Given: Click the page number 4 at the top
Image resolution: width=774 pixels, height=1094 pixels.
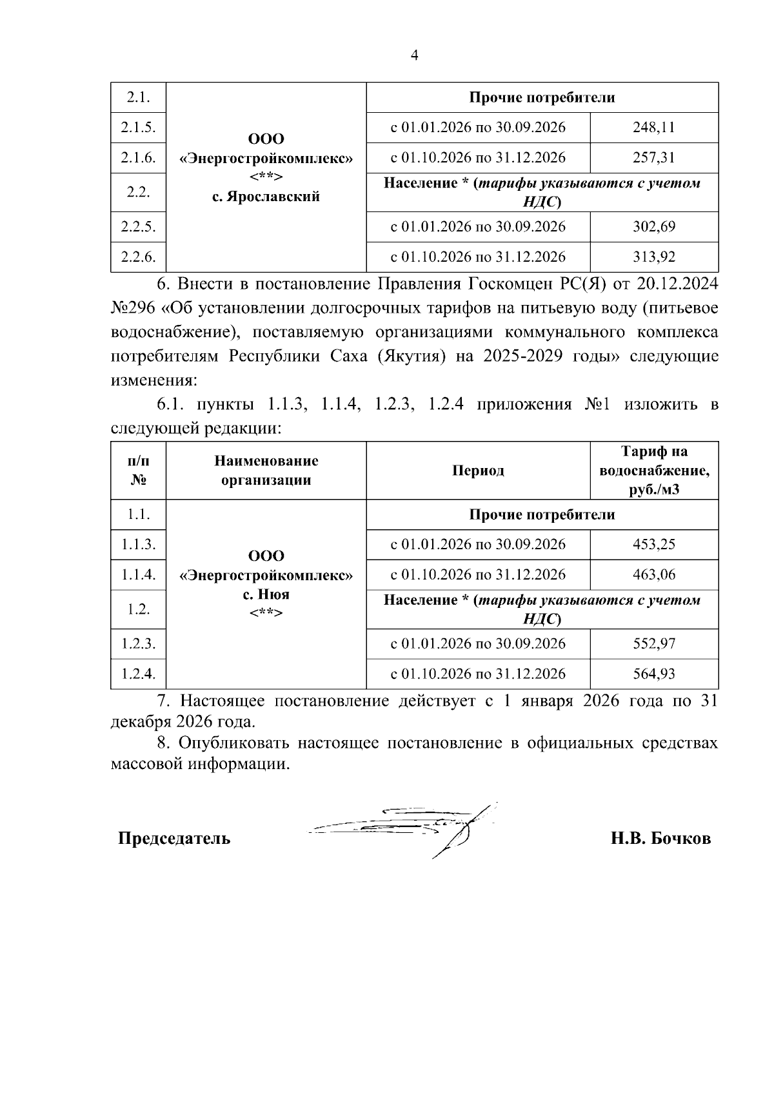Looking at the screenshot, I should [x=415, y=55].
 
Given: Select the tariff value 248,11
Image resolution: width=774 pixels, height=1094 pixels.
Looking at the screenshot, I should [x=654, y=128].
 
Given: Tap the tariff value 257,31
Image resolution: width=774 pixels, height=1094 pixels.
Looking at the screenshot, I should [x=654, y=158].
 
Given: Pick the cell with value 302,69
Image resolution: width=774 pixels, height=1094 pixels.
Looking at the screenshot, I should [x=654, y=227].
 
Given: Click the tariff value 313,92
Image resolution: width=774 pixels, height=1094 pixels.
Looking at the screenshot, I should [x=654, y=257].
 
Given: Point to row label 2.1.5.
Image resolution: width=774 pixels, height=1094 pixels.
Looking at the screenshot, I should [x=138, y=128].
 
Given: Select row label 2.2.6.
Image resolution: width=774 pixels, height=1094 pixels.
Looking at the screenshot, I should [x=138, y=257].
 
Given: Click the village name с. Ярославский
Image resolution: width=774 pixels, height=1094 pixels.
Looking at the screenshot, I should [x=266, y=197].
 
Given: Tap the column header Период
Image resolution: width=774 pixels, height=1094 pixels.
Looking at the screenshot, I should [x=478, y=471].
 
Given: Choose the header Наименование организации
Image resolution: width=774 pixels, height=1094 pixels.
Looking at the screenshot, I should [x=266, y=471].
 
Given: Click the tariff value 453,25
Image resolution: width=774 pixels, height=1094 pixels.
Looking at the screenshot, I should [x=654, y=545].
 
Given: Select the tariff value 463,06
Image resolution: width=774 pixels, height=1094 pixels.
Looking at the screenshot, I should [x=654, y=575].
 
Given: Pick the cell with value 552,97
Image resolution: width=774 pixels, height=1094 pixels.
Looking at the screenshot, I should [x=654, y=644].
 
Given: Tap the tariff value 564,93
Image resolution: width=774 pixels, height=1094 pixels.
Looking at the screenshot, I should [x=654, y=674].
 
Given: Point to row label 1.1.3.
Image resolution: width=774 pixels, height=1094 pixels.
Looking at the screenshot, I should [x=138, y=545].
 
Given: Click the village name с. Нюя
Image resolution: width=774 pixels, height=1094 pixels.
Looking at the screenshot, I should [x=266, y=594].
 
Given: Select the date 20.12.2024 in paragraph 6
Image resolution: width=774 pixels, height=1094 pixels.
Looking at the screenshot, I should [x=677, y=284].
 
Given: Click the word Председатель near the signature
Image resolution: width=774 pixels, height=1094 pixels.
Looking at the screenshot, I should [x=174, y=839].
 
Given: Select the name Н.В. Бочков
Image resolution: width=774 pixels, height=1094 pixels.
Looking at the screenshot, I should [x=661, y=839].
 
